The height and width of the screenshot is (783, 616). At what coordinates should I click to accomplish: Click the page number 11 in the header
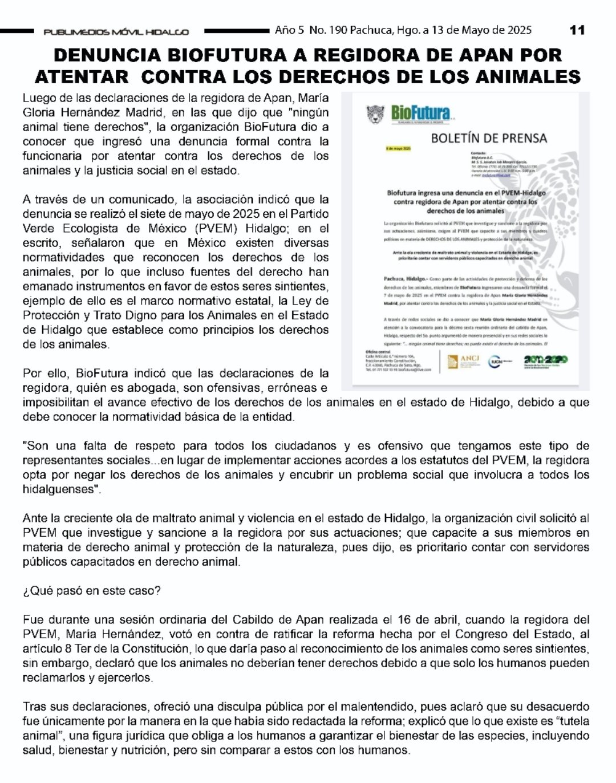point(577,30)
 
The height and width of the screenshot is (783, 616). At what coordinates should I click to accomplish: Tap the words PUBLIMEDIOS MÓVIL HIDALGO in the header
point(116,32)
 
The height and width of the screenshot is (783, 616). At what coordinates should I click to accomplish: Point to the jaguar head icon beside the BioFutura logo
point(376,113)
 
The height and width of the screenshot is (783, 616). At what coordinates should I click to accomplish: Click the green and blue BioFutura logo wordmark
point(421,113)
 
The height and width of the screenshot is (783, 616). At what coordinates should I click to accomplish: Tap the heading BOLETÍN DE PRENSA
point(488,137)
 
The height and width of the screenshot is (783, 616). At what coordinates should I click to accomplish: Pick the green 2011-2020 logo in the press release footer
point(546,360)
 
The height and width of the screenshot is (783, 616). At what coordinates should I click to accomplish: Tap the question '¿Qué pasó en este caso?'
point(92,591)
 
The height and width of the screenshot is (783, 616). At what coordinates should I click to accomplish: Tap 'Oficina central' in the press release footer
point(377,352)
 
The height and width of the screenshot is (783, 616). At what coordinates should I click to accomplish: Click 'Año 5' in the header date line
point(289,30)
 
